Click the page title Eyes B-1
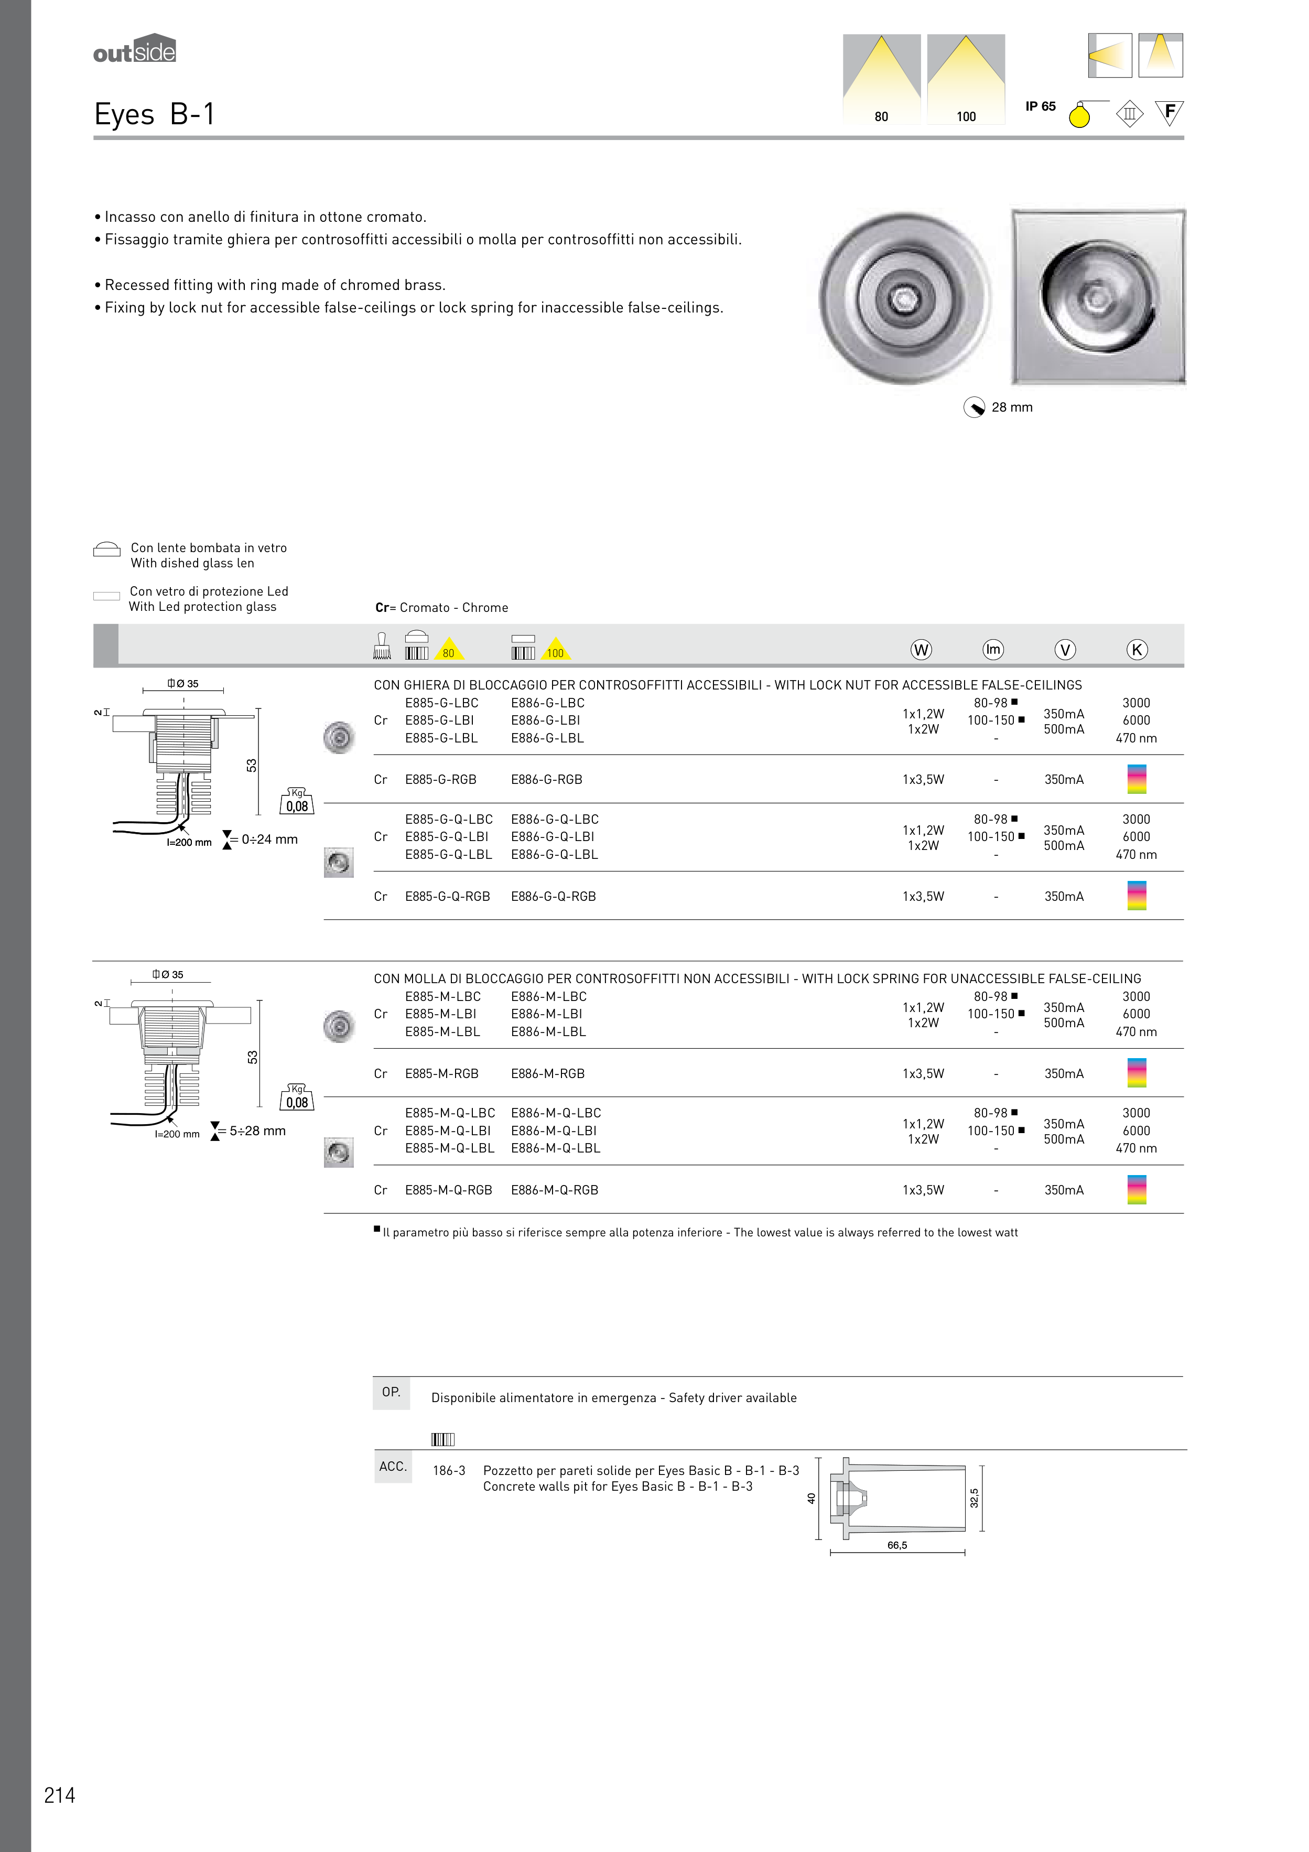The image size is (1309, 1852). coord(154,114)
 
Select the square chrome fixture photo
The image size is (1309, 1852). coord(1098,297)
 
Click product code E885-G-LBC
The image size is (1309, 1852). coord(441,703)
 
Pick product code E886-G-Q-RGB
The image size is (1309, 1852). coord(553,896)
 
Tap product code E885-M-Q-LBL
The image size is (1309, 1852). coord(449,1148)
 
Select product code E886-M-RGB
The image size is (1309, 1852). coord(548,1074)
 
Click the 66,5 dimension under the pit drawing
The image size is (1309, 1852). coord(897,1545)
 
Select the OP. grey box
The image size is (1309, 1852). coord(391,1393)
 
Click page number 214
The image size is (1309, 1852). coord(60,1795)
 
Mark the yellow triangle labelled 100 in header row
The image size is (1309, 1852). coord(555,650)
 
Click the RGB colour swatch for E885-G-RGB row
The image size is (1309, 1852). coord(1137,779)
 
